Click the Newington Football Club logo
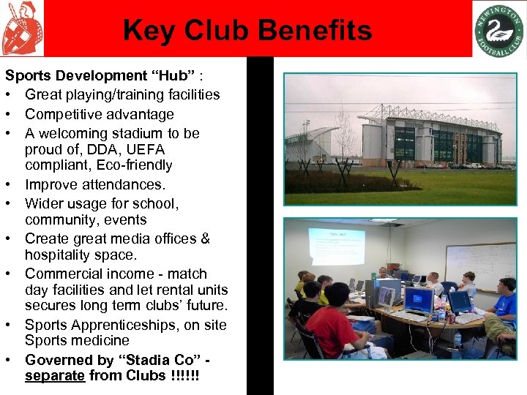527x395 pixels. (x=498, y=29)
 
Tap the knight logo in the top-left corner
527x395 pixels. (x=21, y=29)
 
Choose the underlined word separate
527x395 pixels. (x=55, y=376)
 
